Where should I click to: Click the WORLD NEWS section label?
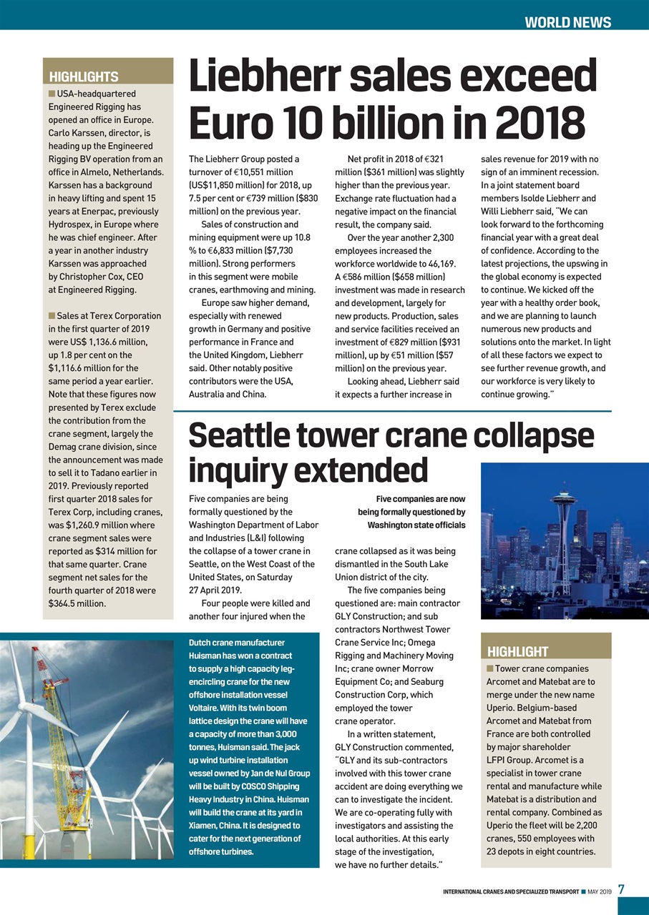click(x=567, y=22)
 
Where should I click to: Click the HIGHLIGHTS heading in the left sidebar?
click(x=83, y=76)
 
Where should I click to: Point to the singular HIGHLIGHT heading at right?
click(x=517, y=651)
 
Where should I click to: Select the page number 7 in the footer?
click(x=621, y=890)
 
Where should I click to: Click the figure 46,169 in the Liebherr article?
click(x=440, y=264)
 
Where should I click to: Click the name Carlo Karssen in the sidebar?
click(x=77, y=132)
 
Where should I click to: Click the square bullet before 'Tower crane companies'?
click(x=489, y=668)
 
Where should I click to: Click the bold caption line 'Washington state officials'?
click(x=416, y=525)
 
